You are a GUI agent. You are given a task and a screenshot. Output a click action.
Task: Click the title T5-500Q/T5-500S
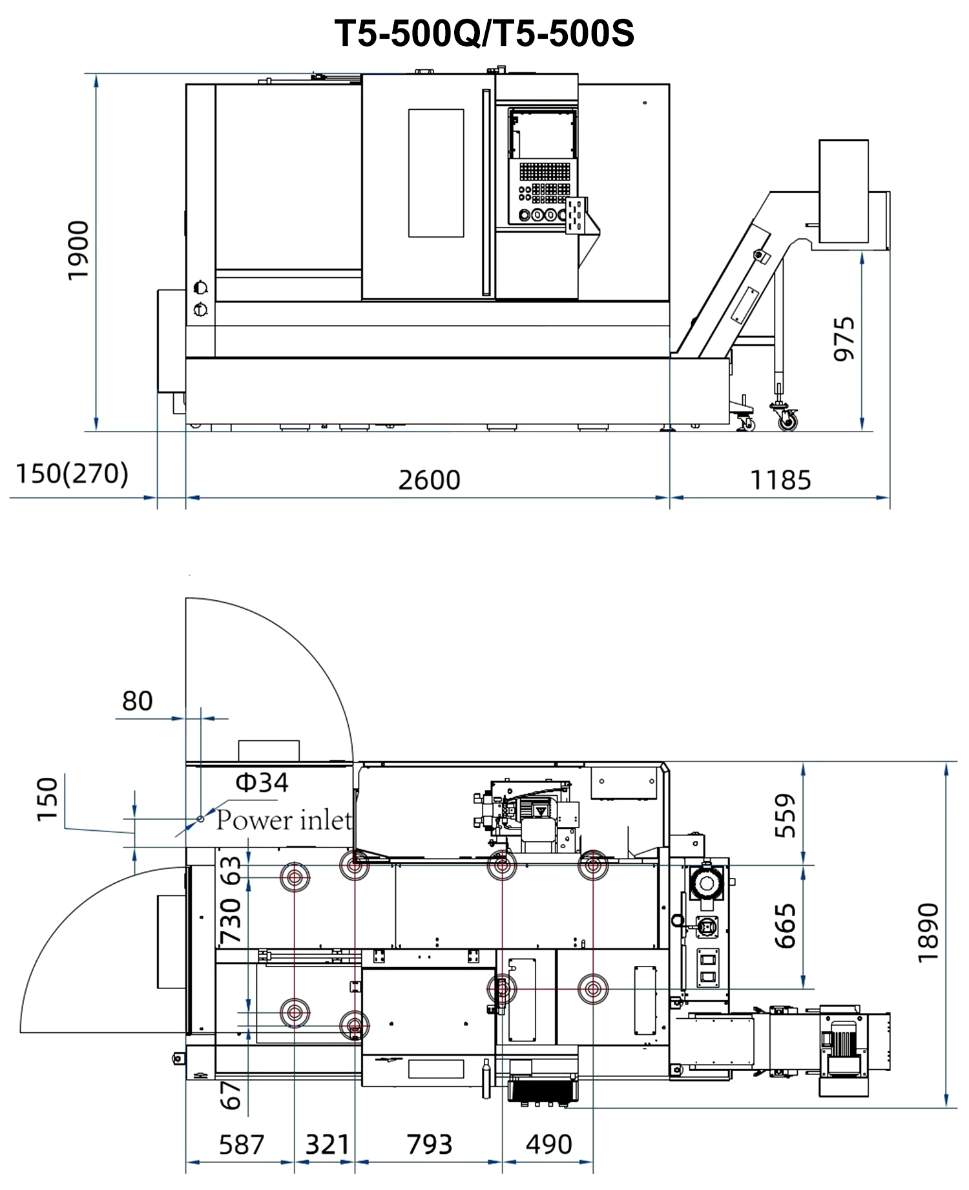click(484, 33)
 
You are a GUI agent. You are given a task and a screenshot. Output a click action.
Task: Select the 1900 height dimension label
click(78, 251)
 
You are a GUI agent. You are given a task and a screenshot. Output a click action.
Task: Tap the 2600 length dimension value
click(429, 480)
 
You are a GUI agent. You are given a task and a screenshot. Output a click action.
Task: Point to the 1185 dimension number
click(780, 480)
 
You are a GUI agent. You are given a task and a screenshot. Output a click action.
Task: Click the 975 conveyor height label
click(844, 339)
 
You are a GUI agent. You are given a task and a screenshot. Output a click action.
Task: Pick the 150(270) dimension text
click(72, 474)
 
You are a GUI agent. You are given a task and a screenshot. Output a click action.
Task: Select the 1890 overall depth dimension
click(928, 933)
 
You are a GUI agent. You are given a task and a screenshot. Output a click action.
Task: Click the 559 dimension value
click(785, 816)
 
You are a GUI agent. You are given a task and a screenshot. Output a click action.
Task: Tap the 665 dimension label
click(785, 926)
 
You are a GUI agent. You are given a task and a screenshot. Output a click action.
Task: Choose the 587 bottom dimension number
click(242, 1145)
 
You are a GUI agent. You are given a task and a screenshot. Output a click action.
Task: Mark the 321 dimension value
click(327, 1145)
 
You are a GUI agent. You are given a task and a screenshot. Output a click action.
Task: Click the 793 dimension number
click(430, 1145)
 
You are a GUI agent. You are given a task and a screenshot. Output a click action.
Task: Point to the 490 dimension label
click(549, 1145)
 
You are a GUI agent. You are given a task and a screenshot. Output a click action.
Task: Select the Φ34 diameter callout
click(262, 782)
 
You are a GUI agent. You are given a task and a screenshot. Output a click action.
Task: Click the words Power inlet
click(284, 820)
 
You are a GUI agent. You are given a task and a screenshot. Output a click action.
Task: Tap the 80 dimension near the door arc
click(138, 701)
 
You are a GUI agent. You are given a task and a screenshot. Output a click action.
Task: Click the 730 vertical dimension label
click(231, 921)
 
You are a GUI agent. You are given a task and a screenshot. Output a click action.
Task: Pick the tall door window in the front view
click(436, 173)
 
